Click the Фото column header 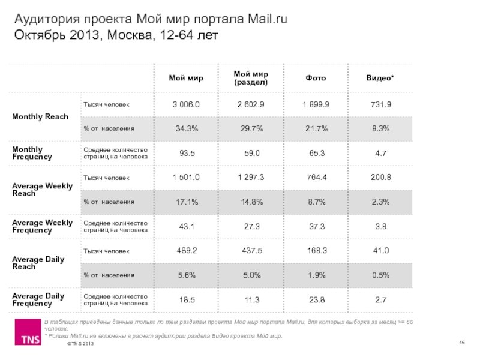[316, 78]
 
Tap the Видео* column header [380, 78]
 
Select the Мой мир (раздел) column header [251, 78]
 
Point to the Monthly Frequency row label [32, 153]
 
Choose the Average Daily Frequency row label [38, 299]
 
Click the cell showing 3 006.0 [186, 104]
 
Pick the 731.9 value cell [380, 104]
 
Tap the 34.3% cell [186, 128]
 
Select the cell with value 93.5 [186, 153]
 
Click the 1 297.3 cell [251, 178]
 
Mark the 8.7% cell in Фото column [316, 202]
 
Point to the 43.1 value [186, 226]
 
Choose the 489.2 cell [186, 251]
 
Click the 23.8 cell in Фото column [316, 299]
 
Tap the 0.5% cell [380, 275]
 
